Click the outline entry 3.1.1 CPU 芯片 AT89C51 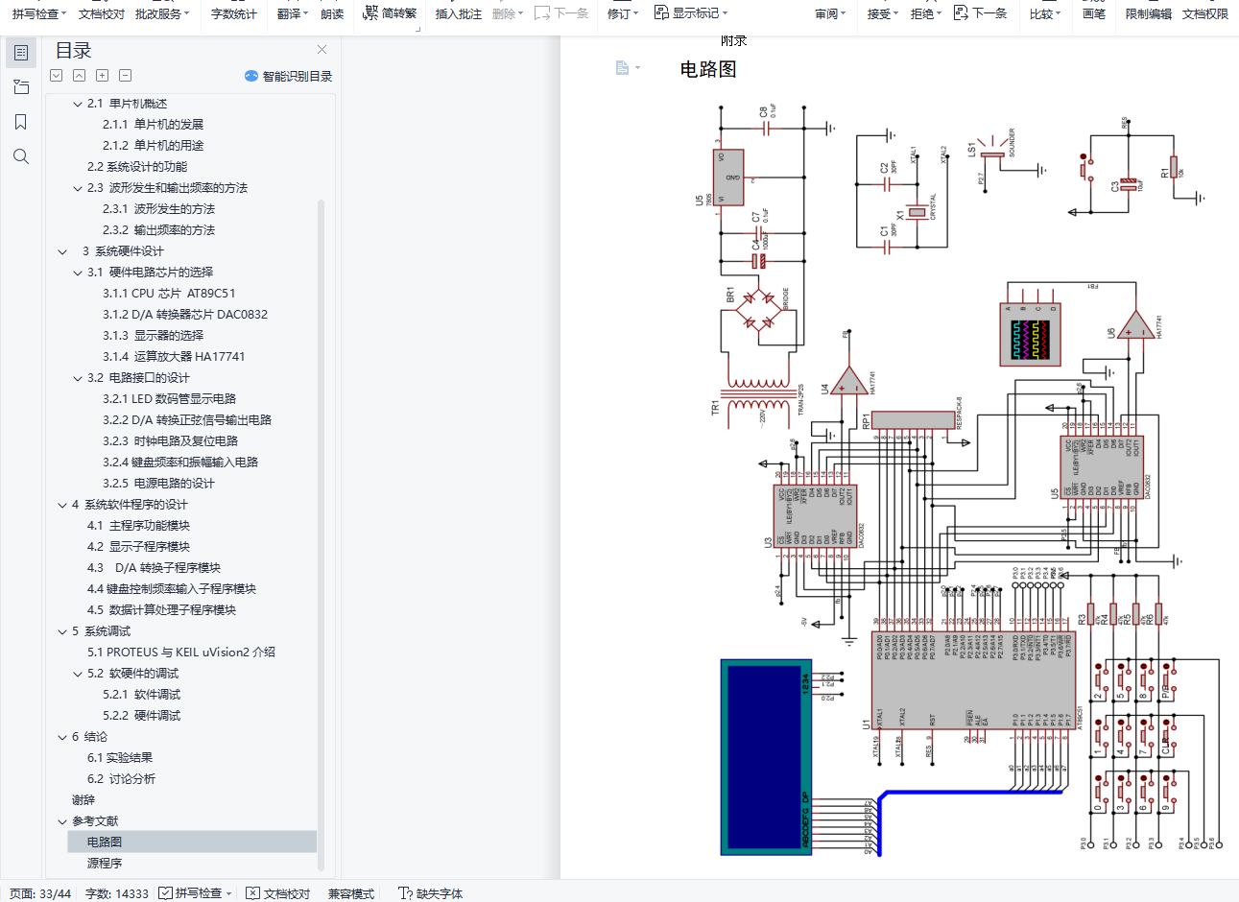[x=169, y=294]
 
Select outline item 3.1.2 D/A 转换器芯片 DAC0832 [x=185, y=315]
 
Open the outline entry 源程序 [x=105, y=864]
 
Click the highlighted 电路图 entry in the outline [x=105, y=843]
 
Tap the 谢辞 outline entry [x=83, y=800]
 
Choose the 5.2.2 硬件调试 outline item [x=142, y=716]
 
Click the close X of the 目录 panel [x=322, y=50]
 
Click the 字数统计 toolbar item [x=233, y=14]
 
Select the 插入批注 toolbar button [x=458, y=14]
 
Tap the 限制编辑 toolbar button [x=1148, y=14]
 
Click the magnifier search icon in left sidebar [x=21, y=156]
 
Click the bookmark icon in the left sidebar [x=21, y=122]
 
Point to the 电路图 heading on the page [x=708, y=69]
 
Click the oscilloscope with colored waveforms [x=1032, y=340]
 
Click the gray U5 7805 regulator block [x=729, y=178]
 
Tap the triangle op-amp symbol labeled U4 [x=847, y=383]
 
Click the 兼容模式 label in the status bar [x=351, y=893]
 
